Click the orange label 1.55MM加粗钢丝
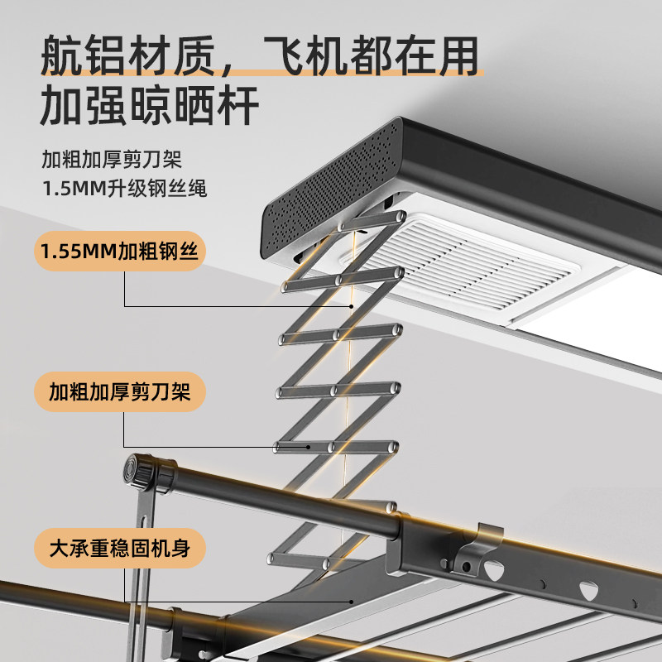120,252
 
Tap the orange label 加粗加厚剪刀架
120,391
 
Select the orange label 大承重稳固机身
120,548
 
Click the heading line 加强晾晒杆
150,105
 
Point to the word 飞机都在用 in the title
372,55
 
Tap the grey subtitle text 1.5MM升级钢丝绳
125,189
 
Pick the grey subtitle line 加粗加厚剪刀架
112,159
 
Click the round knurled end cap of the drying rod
138,472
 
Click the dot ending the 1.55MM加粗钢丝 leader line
351,306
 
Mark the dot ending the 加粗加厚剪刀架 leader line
309,447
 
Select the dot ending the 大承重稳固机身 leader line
351,602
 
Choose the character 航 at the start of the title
61,55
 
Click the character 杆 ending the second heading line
238,105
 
